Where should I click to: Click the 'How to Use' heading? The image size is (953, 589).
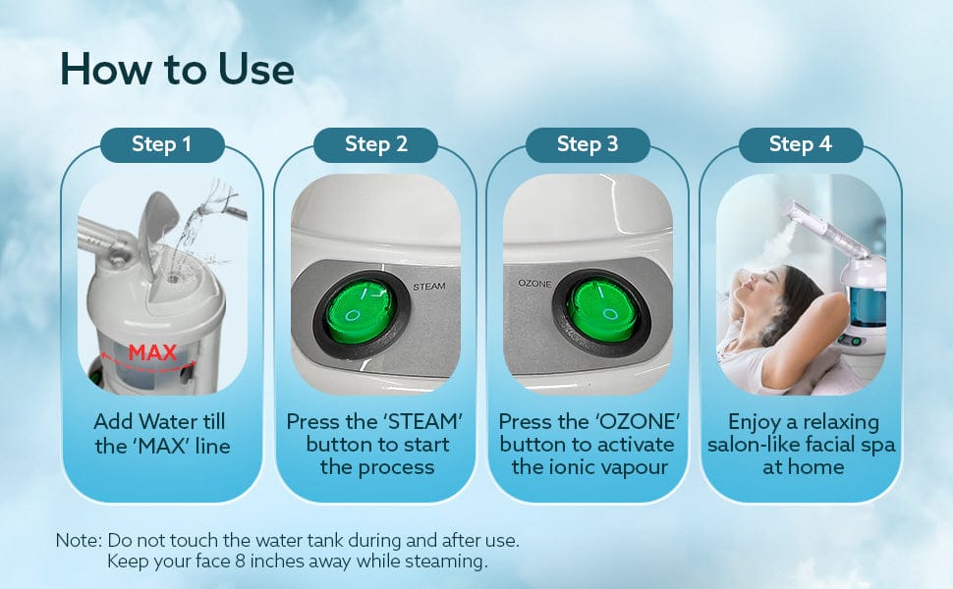[177, 69]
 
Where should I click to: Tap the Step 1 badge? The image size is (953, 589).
[162, 144]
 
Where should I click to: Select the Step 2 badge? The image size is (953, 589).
[375, 144]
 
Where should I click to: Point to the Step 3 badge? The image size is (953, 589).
[588, 144]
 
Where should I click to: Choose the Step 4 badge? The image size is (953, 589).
[801, 144]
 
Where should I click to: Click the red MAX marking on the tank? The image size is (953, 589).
[152, 352]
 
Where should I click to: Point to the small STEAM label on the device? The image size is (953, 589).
[429, 286]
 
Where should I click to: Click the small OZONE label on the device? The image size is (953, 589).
[534, 284]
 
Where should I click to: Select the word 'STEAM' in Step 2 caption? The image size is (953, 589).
[423, 421]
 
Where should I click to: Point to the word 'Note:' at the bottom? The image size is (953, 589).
[79, 541]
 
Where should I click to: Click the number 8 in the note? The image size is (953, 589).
[240, 562]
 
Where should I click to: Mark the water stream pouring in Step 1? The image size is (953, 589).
[194, 228]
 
